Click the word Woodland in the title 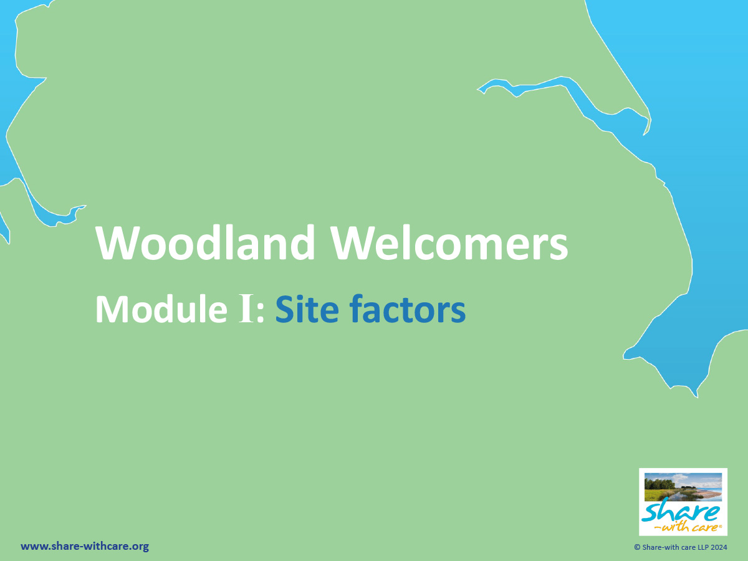205,242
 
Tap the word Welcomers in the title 450,242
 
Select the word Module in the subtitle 161,309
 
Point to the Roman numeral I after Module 246,309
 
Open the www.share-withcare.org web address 85,547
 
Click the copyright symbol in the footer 637,547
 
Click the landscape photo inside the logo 683,486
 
